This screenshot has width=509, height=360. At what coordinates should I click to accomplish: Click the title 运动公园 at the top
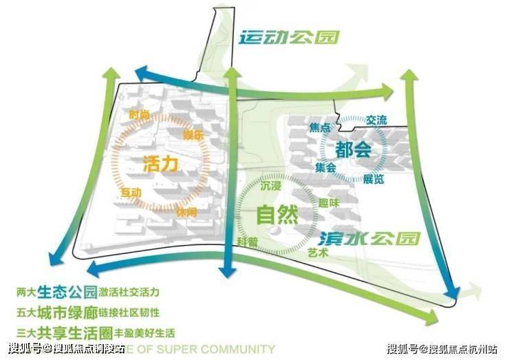point(289,38)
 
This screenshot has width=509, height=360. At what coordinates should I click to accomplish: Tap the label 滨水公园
point(369,238)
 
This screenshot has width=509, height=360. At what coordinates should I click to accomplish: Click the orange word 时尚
point(139,115)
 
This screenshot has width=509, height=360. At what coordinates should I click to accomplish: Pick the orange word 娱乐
point(193,135)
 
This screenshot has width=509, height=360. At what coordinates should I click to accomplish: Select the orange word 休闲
point(186,212)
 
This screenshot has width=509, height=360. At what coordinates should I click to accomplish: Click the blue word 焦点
point(320,128)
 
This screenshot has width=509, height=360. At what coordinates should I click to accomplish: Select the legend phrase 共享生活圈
point(81,328)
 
